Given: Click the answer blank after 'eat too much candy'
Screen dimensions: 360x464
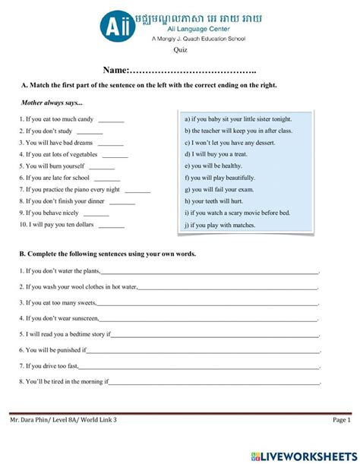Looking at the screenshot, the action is [111, 119].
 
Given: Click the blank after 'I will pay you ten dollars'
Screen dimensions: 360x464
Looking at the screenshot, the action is [112, 225].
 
